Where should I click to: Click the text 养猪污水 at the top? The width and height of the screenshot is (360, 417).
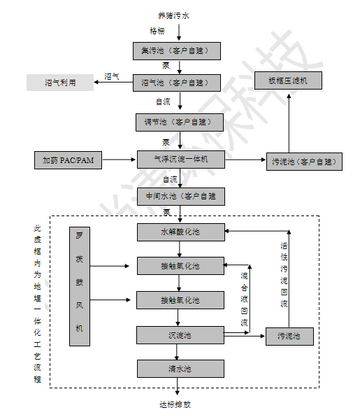tap(180, 14)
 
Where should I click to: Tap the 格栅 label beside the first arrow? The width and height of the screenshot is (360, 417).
tap(157, 31)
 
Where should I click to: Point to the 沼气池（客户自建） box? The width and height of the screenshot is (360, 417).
tap(180, 83)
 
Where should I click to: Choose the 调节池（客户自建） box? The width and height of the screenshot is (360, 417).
tap(180, 122)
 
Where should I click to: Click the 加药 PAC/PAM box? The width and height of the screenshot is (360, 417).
tap(69, 160)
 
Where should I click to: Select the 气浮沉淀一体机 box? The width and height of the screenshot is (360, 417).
tap(180, 160)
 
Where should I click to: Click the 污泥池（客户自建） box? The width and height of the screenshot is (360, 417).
tap(304, 162)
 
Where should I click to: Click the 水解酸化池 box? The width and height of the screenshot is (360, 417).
tap(180, 231)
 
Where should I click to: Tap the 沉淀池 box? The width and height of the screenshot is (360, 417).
tap(180, 335)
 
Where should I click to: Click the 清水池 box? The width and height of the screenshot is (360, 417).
tap(180, 368)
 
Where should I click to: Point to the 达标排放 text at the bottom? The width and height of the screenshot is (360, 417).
tap(175, 404)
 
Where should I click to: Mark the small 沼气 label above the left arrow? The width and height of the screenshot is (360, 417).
tap(111, 76)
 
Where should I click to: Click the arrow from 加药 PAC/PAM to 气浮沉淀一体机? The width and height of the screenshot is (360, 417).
tap(120, 160)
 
